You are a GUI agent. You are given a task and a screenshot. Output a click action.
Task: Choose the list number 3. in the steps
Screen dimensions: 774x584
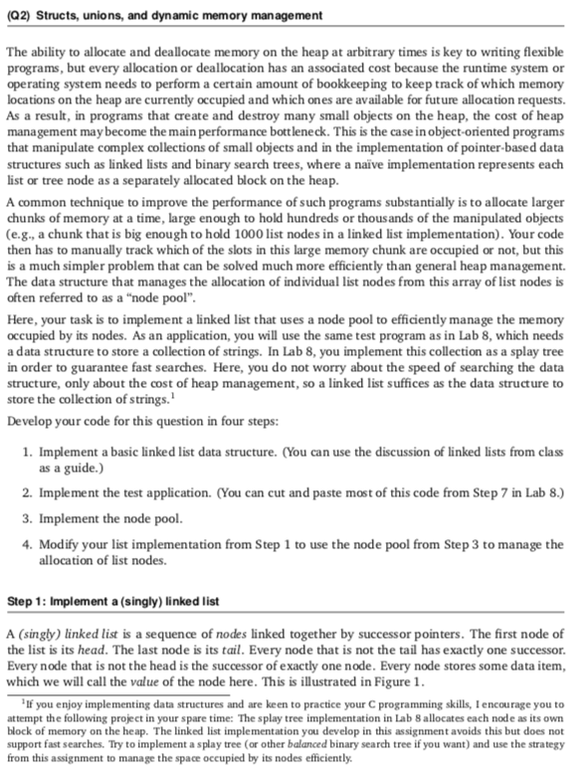point(28,518)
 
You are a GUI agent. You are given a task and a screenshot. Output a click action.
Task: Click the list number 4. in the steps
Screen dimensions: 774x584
point(28,545)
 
